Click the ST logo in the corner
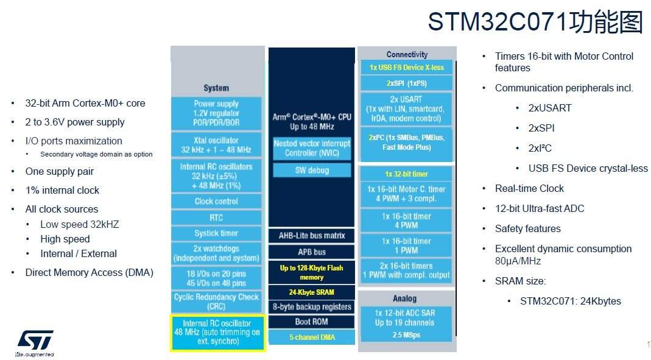click(x=35, y=340)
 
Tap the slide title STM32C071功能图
click(x=535, y=22)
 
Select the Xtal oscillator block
click(x=216, y=145)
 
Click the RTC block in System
click(x=216, y=217)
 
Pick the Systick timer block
click(x=216, y=233)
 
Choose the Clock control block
click(x=216, y=201)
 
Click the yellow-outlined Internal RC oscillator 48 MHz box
click(x=217, y=333)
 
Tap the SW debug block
click(x=312, y=171)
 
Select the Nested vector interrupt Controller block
click(x=312, y=148)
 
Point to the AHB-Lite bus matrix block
click(x=312, y=236)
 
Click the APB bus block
click(x=312, y=252)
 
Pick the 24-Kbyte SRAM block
click(x=312, y=292)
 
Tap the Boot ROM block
click(x=312, y=322)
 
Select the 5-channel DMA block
click(x=312, y=337)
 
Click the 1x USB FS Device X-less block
click(x=406, y=68)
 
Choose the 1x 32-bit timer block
click(x=406, y=174)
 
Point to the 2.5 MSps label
click(x=406, y=335)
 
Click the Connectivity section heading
click(x=407, y=55)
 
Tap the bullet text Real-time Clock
click(x=529, y=188)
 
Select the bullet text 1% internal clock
click(x=62, y=190)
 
